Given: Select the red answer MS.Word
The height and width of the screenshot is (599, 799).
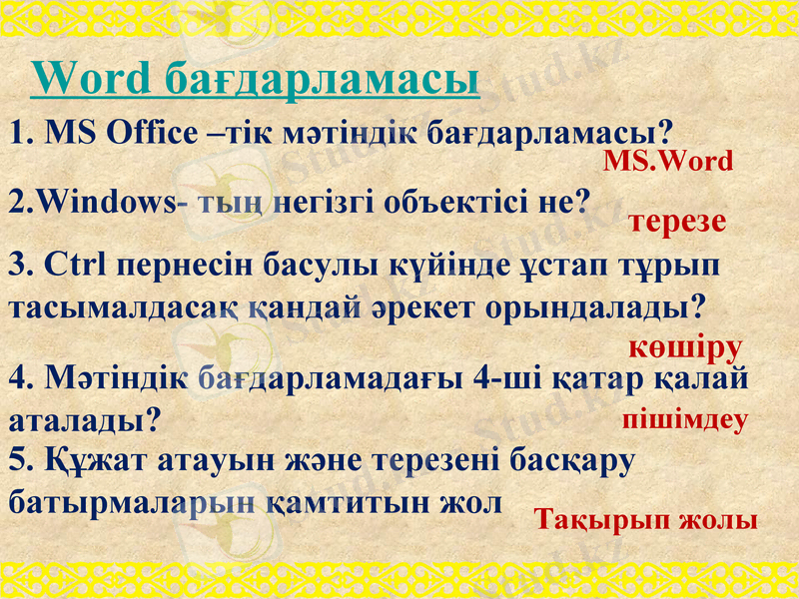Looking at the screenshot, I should (668, 162).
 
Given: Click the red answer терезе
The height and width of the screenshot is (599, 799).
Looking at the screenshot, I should (677, 222).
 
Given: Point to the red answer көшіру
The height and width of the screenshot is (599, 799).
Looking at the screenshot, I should (685, 348).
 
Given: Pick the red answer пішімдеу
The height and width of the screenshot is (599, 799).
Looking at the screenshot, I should (685, 419).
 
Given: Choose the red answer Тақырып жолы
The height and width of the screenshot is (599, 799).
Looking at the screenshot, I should (645, 519).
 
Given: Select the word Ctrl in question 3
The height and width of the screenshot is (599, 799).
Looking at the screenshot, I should (76, 268).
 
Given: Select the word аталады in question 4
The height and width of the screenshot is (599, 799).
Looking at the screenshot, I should (83, 418).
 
